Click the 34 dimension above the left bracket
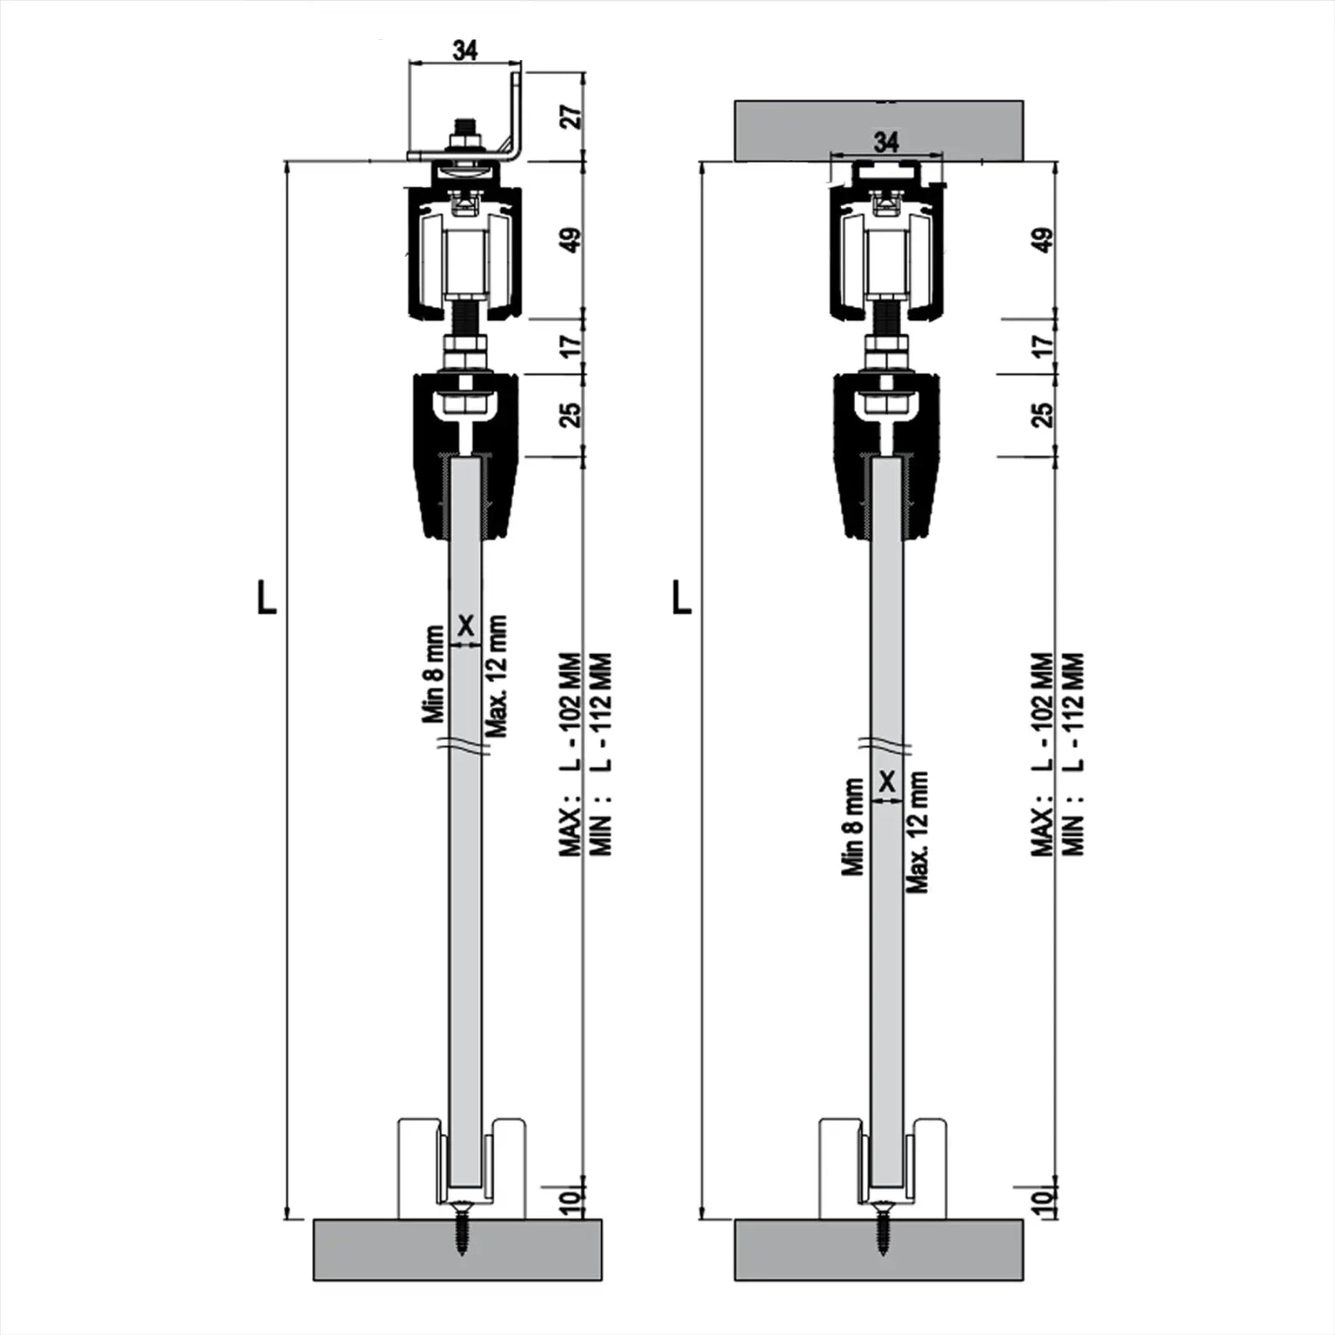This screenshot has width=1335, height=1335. pyautogui.click(x=465, y=50)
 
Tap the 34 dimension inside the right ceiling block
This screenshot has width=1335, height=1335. pyautogui.click(x=885, y=142)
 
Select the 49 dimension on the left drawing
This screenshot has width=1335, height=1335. pyautogui.click(x=572, y=240)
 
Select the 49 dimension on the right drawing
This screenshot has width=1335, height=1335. pyautogui.click(x=1042, y=240)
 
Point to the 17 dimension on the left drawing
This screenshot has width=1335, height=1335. pyautogui.click(x=570, y=344)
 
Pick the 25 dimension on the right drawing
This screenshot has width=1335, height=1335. pyautogui.click(x=1042, y=415)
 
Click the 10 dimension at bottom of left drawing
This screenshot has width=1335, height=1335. pyautogui.click(x=570, y=1201)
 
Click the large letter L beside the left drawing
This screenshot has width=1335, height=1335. pyautogui.click(x=266, y=597)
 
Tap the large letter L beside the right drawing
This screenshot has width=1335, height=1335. pyautogui.click(x=682, y=597)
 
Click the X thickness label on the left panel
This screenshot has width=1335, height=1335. pyautogui.click(x=466, y=625)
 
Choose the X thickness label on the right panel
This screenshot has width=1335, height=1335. pyautogui.click(x=887, y=782)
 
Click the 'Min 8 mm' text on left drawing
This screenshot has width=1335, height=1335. pyautogui.click(x=434, y=674)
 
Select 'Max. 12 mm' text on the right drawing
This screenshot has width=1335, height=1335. pyautogui.click(x=917, y=832)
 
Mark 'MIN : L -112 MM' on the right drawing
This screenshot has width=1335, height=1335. pyautogui.click(x=1074, y=755)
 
